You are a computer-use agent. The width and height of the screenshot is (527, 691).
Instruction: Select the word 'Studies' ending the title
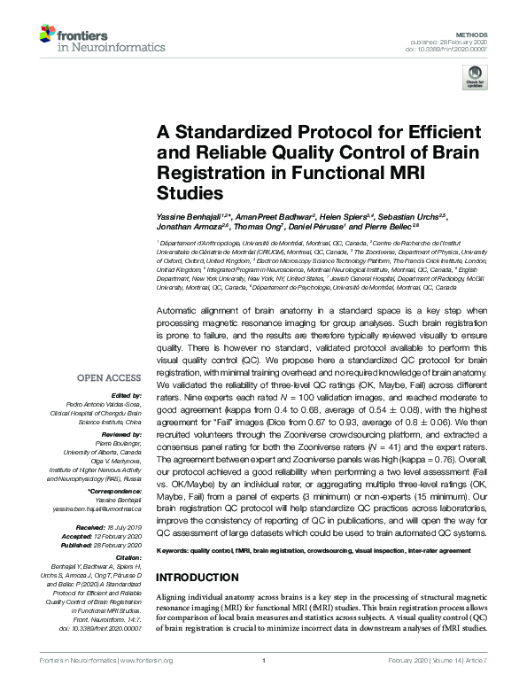click(x=186, y=191)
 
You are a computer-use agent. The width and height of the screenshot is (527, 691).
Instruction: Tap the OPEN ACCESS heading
click(x=109, y=378)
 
